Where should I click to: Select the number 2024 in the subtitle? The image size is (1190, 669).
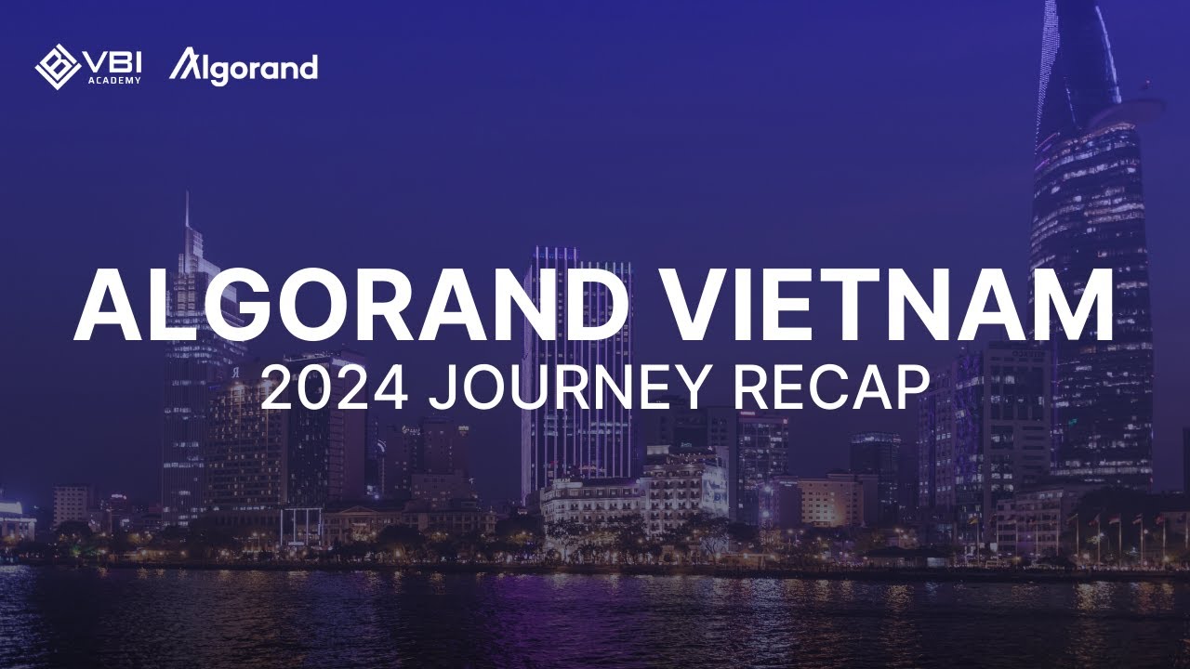click(x=335, y=387)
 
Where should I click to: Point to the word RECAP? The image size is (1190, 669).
click(x=832, y=387)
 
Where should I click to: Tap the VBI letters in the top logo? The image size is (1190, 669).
click(x=113, y=62)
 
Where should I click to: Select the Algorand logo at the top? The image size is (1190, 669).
click(x=244, y=66)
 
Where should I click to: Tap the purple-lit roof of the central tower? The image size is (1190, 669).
click(x=576, y=253)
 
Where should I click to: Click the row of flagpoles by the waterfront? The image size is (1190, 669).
click(x=1116, y=539)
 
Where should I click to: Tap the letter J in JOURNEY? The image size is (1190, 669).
click(x=443, y=387)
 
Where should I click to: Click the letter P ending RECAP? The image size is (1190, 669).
click(x=913, y=387)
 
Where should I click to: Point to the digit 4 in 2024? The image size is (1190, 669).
click(x=390, y=387)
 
